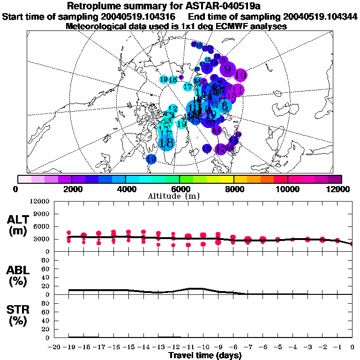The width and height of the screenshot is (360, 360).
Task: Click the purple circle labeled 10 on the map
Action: pos(241,75)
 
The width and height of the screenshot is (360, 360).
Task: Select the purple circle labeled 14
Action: pos(217,130)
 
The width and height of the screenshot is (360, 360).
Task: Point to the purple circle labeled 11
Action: pos(238,90)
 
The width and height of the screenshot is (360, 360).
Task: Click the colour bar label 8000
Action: pos(234,189)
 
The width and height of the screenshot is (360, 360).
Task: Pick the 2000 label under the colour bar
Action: pos(71,189)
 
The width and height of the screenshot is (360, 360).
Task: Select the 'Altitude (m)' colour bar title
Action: pos(171,196)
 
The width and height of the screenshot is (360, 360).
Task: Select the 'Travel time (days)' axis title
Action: pos(205,355)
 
